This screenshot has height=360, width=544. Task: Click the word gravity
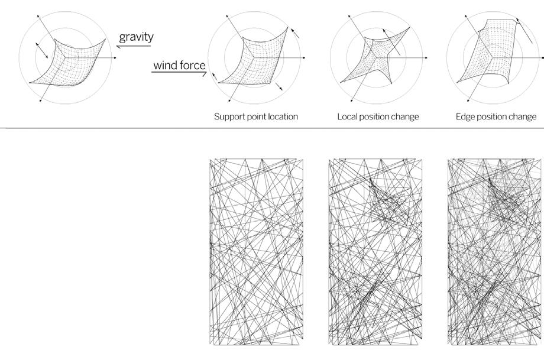[136, 37]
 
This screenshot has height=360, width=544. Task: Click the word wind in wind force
[166, 64]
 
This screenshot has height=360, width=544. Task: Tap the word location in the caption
[282, 117]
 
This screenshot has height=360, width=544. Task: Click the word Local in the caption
[349, 117]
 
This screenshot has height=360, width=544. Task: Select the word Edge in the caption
[465, 117]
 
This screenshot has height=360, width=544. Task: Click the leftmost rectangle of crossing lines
[257, 251]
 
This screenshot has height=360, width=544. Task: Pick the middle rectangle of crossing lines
[375, 251]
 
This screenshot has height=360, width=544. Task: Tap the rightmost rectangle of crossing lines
[496, 251]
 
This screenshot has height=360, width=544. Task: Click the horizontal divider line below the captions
[272, 128]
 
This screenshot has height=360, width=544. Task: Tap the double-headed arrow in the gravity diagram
[41, 50]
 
